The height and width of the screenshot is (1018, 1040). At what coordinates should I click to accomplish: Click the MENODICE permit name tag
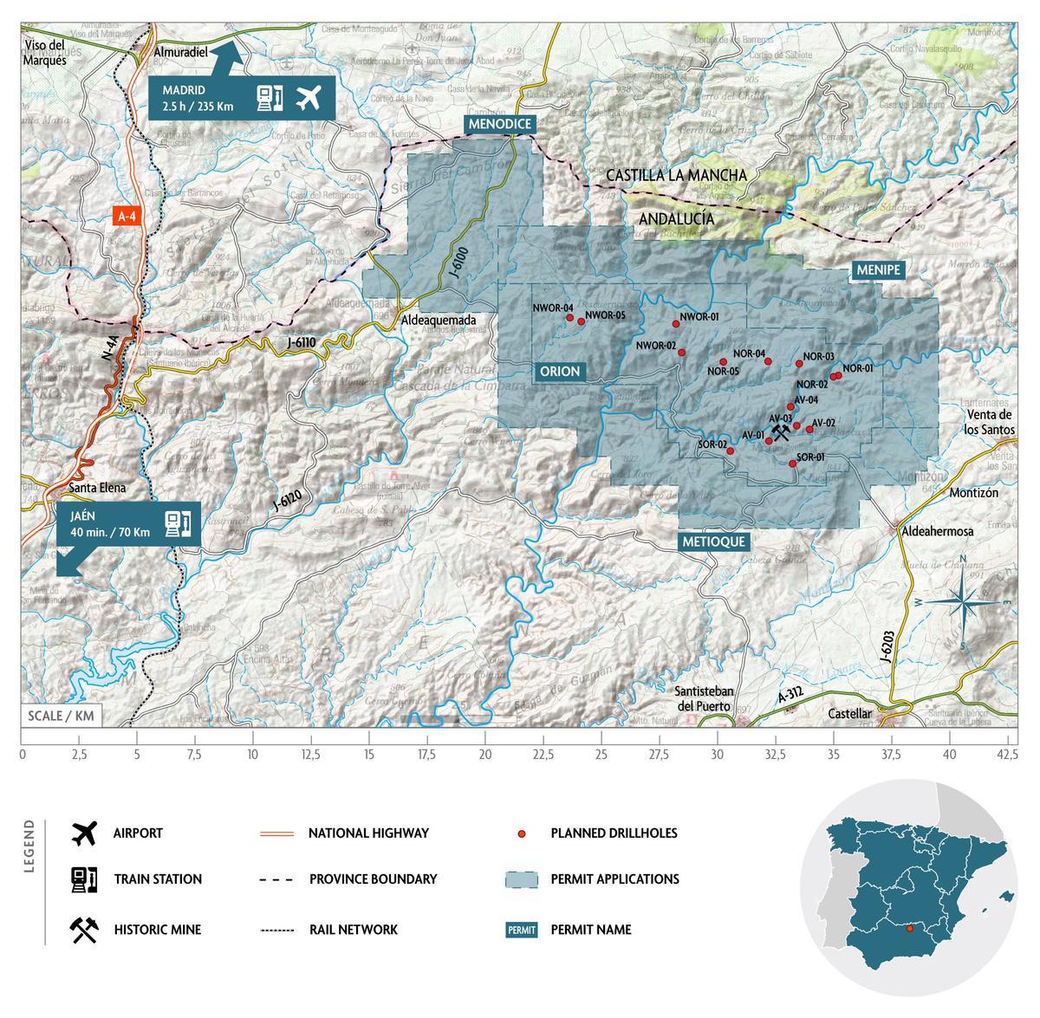coord(498,124)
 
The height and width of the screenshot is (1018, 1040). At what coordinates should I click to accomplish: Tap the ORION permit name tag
coord(559,372)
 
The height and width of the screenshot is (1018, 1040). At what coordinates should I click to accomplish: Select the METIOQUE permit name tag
coord(713,541)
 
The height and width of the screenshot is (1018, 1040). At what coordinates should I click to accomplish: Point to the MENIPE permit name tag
coord(879,270)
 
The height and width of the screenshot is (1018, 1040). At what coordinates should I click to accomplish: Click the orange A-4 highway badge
coord(127,216)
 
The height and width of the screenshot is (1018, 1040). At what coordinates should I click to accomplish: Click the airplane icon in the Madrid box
coord(308,99)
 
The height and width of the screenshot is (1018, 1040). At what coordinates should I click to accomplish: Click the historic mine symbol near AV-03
coord(782,431)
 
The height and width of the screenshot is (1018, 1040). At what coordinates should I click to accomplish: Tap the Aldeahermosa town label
coord(938,531)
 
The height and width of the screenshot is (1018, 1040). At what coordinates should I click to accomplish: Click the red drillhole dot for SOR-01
coord(792,464)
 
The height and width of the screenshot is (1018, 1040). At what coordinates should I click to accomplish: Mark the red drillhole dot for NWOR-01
coord(676,324)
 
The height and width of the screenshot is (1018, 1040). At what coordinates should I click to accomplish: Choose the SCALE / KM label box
coord(61,716)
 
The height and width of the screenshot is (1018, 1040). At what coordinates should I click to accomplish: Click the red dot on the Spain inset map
coord(909,930)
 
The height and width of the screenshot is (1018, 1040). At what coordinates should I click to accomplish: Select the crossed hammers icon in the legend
coord(84,930)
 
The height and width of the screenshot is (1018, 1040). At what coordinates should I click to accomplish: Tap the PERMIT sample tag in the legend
coord(522,930)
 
